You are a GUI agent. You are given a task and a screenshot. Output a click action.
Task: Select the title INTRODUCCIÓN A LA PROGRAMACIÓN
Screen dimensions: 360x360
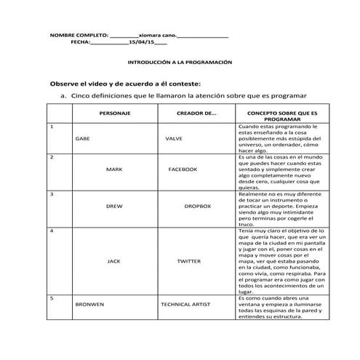[179, 63]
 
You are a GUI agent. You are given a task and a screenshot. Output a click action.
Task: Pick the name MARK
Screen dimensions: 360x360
[114, 169]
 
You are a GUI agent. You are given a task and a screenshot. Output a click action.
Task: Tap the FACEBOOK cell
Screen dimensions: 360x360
[183, 169]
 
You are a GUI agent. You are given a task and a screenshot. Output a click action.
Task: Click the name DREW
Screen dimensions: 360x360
[114, 206]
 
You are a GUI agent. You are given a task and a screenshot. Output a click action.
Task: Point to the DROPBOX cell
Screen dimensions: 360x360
[197, 206]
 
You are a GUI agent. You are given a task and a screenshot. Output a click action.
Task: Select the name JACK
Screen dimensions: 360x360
[114, 260]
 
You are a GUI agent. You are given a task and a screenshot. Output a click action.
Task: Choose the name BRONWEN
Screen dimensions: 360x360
[89, 305]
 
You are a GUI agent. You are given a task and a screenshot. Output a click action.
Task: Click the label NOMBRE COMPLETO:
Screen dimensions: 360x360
[78, 35]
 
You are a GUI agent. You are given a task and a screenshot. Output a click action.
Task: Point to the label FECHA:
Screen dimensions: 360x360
[81, 43]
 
